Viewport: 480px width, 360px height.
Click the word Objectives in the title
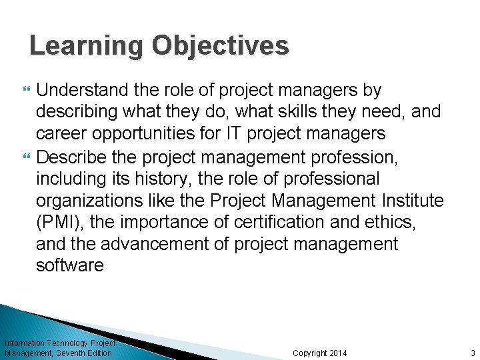tap(221, 47)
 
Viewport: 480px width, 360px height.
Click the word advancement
tap(151, 244)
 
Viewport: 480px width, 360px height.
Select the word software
tap(70, 265)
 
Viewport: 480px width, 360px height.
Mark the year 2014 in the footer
tap(338, 353)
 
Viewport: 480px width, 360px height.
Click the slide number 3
tap(472, 353)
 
